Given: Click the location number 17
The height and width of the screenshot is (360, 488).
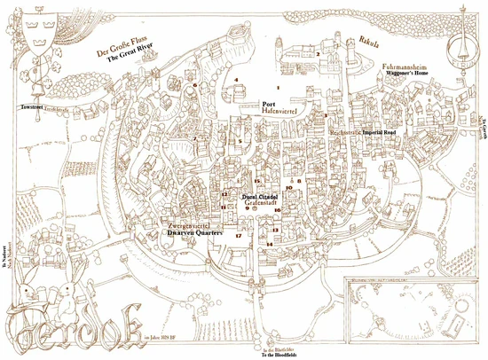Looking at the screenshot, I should click(239, 236).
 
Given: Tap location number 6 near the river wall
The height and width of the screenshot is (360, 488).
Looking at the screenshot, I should click(195, 85).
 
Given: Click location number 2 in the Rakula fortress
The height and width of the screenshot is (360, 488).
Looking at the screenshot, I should click(317, 55).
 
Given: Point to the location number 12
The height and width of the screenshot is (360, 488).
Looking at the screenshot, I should click(224, 194).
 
